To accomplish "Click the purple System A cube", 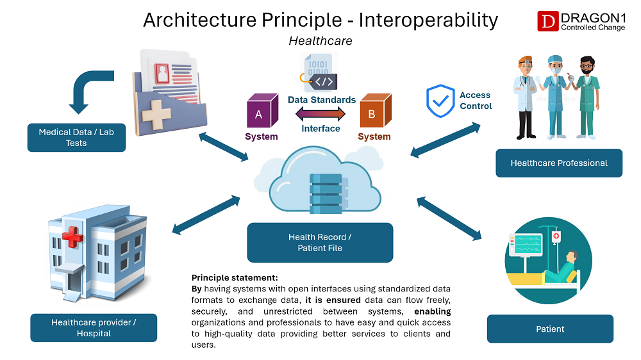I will click(x=260, y=112).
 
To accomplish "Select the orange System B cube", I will click(x=374, y=112).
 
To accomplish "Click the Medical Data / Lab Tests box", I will click(x=76, y=138).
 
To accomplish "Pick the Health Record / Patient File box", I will click(x=320, y=242).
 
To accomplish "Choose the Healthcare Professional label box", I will click(x=559, y=163).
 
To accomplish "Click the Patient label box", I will click(x=550, y=329).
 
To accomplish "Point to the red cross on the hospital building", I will click(x=72, y=238).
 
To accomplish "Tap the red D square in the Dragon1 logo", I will click(x=547, y=21).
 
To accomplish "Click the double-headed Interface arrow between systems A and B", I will click(x=320, y=114).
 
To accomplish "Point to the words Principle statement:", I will click(x=235, y=278).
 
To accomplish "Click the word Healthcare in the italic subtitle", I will click(x=320, y=41).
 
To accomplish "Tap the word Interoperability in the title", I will click(x=428, y=20).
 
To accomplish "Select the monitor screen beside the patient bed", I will click(x=526, y=244).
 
